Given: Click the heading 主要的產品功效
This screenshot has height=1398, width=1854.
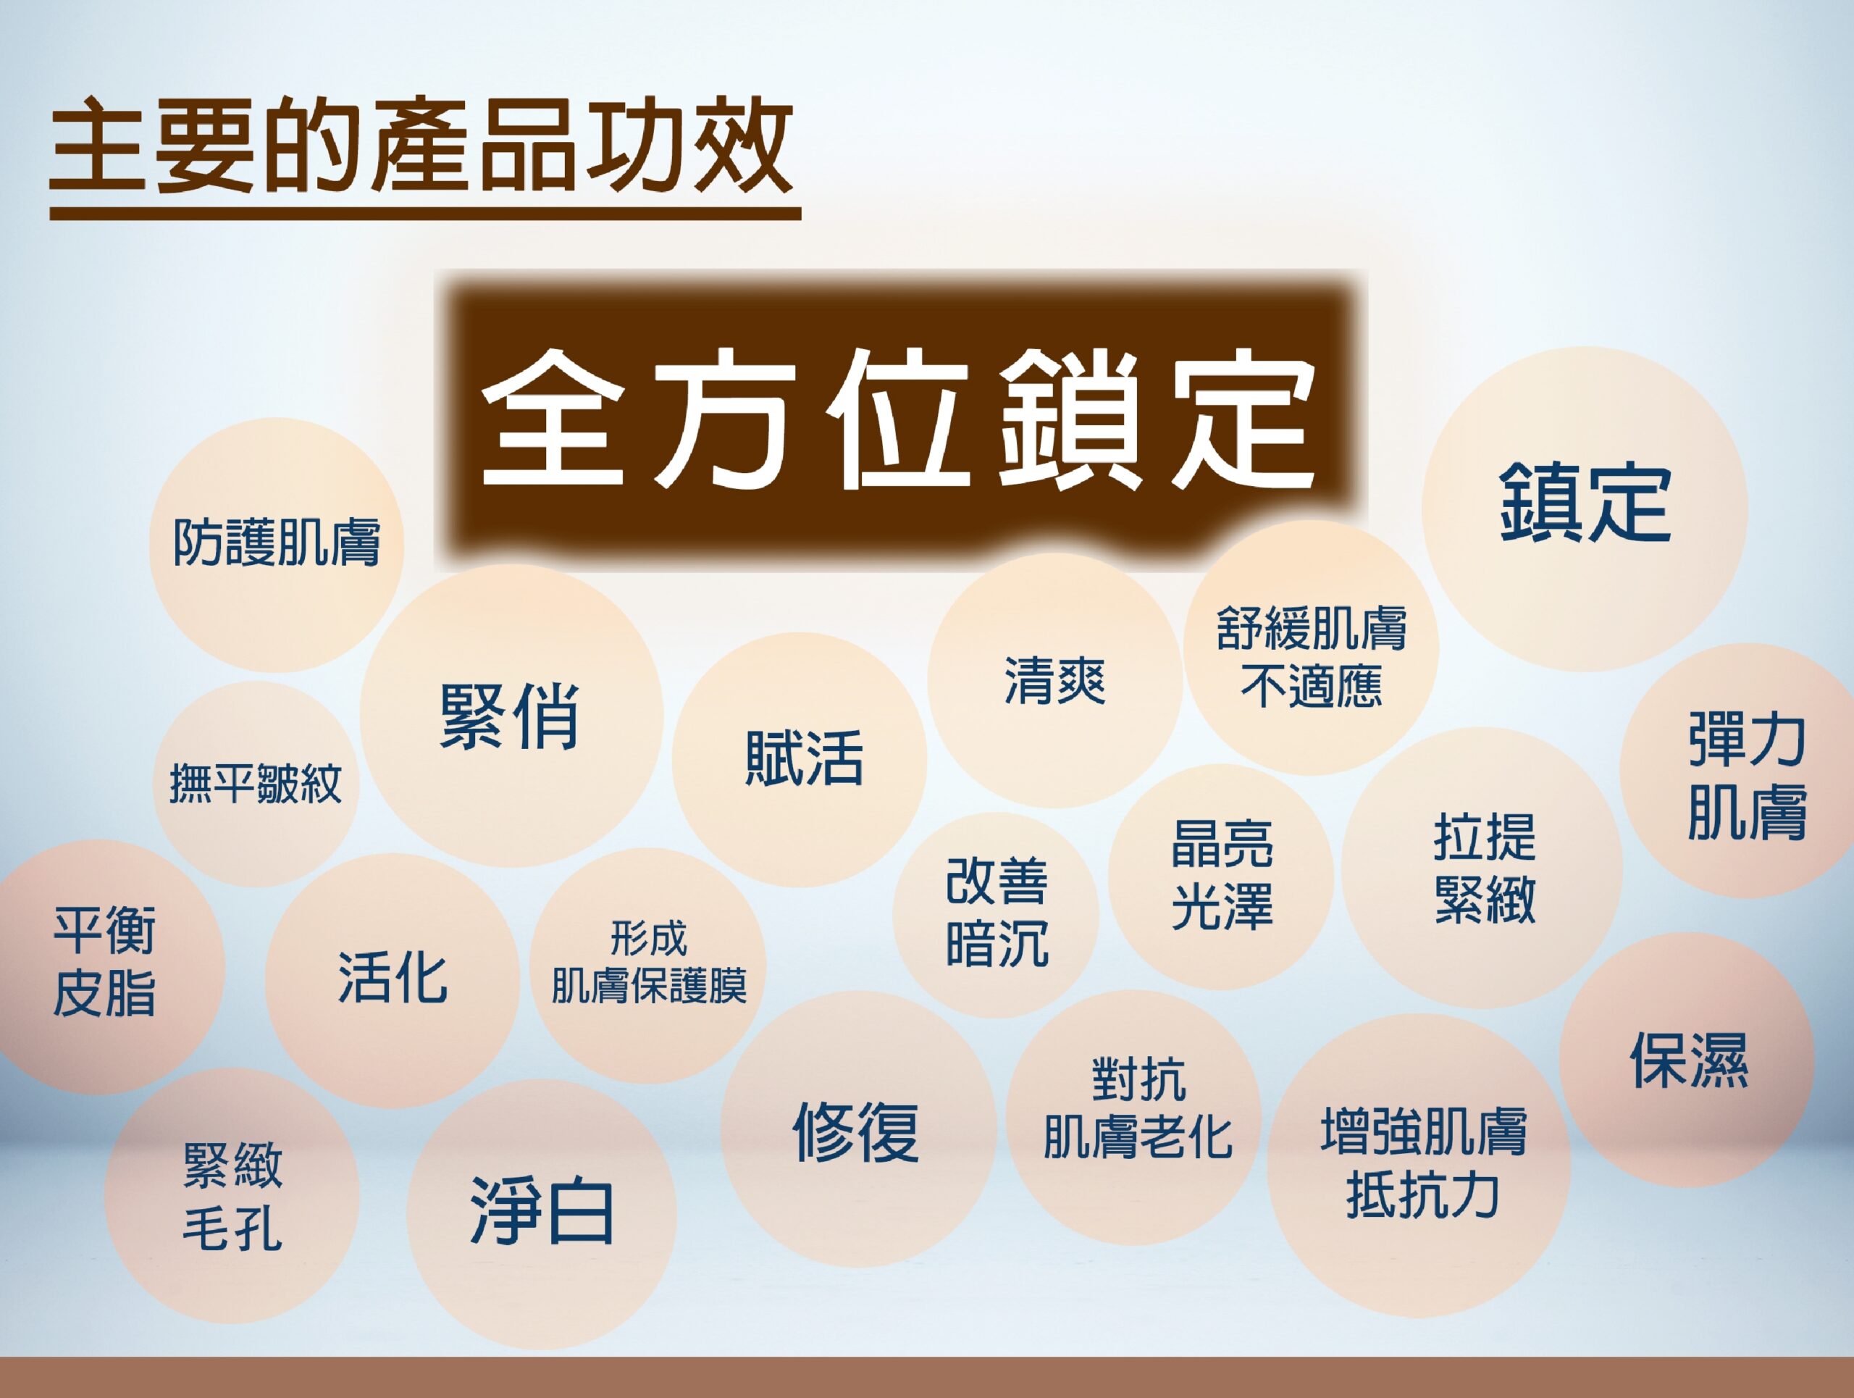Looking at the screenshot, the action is [421, 144].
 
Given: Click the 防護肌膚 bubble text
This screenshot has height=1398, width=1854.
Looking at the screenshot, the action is [277, 543].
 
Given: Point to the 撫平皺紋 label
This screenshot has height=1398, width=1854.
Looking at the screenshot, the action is [256, 784].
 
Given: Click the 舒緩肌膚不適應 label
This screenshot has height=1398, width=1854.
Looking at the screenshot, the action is [1312, 657].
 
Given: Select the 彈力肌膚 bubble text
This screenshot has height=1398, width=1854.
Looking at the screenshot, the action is [1747, 775].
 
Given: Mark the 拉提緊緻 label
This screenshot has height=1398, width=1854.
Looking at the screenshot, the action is [1485, 868].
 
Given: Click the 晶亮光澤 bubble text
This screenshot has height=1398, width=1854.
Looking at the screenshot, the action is [1222, 874].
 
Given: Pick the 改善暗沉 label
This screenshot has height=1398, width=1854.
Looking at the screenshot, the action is [997, 912].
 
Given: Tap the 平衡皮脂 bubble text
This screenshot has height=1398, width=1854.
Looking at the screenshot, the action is [104, 960].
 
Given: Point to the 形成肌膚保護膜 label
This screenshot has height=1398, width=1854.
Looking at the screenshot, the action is [649, 961].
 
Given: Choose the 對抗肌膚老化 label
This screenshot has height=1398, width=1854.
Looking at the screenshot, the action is [1137, 1108].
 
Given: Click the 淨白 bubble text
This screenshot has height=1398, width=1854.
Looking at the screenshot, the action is [542, 1210].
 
